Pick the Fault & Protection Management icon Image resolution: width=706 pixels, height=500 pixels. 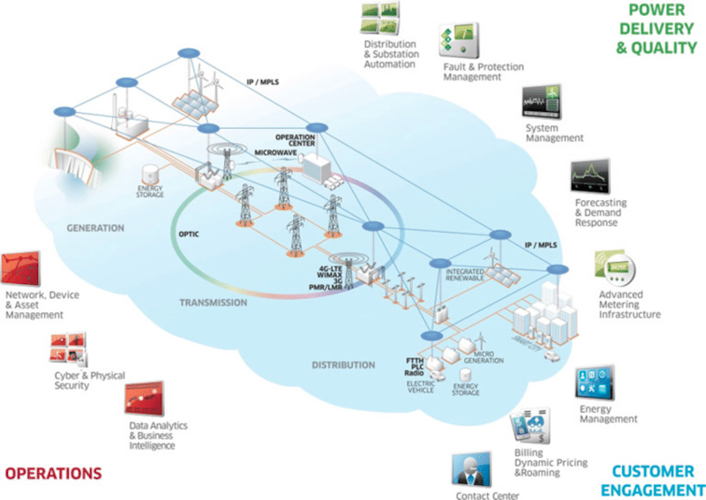(x=459, y=41)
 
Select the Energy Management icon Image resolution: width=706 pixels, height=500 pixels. (x=595, y=382)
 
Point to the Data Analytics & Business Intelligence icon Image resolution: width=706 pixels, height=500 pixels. (x=144, y=397)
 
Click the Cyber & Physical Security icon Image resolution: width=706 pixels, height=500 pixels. (x=69, y=351)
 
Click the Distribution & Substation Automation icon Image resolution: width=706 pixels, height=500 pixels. (x=380, y=18)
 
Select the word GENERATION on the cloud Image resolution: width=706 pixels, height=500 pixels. (x=95, y=228)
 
